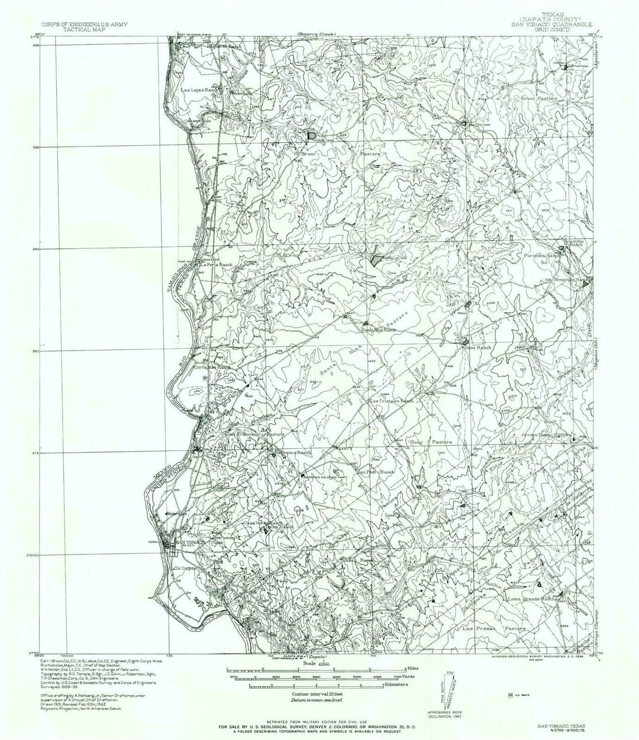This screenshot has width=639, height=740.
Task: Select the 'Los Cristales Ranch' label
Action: (391, 401)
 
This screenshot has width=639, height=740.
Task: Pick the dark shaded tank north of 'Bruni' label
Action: (311, 135)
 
